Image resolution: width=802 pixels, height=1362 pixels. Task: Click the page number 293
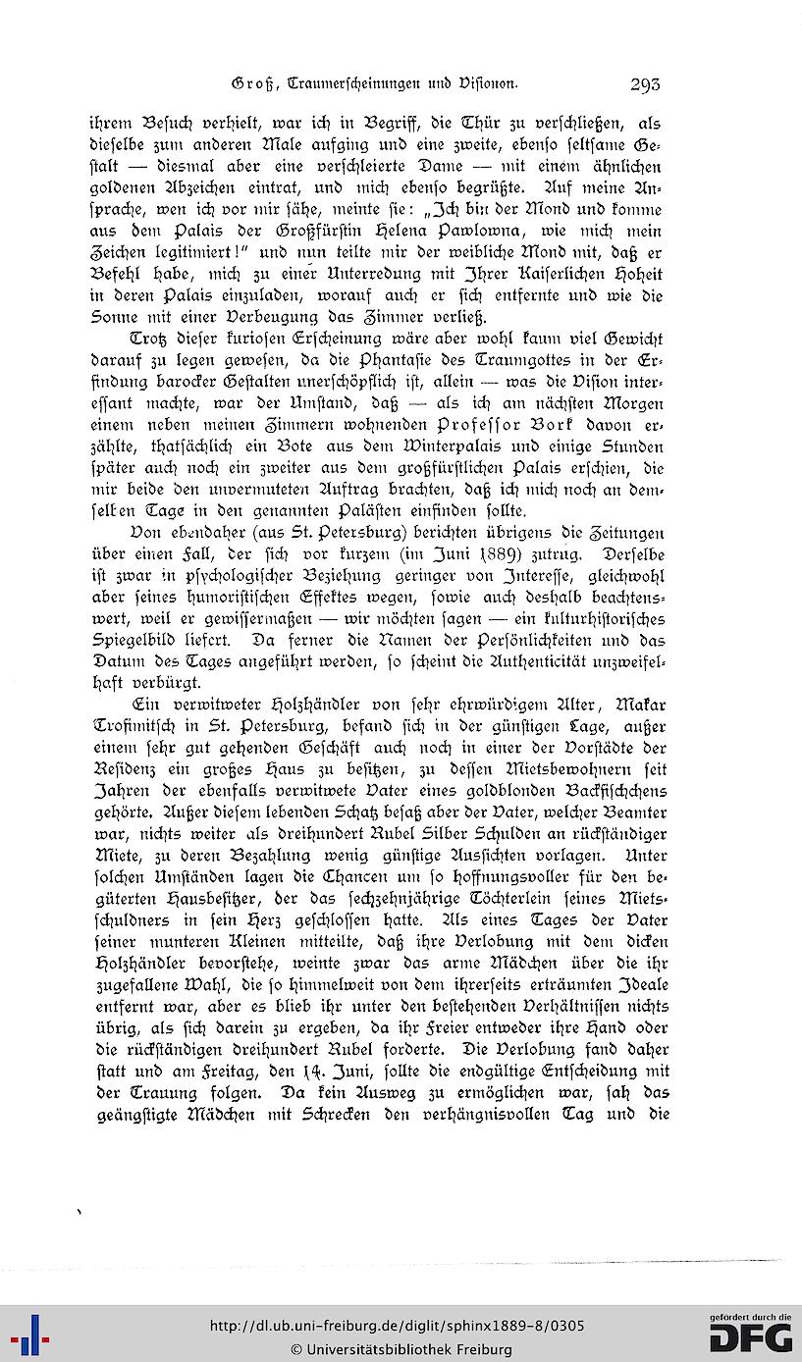coord(646,84)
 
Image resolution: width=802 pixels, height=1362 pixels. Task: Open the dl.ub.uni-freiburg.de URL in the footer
coord(399,1326)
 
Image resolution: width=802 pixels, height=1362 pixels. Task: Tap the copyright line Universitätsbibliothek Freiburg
coord(401,1349)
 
